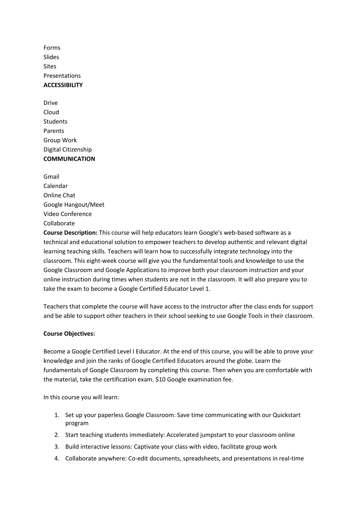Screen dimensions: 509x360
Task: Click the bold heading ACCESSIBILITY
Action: click(x=63, y=85)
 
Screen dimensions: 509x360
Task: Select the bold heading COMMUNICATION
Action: click(x=69, y=159)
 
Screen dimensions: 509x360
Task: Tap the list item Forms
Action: click(x=52, y=48)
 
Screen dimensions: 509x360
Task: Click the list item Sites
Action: click(x=50, y=66)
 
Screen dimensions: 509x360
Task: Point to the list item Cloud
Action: click(x=51, y=112)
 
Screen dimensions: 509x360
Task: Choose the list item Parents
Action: click(x=53, y=131)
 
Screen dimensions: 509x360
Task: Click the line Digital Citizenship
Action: click(x=67, y=149)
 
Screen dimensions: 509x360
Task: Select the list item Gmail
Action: click(x=51, y=177)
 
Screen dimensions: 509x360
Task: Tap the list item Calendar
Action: click(x=55, y=186)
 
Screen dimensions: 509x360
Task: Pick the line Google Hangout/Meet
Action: click(x=74, y=205)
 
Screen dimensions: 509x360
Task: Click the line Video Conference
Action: click(x=67, y=214)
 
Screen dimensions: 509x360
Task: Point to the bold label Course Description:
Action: click(x=70, y=233)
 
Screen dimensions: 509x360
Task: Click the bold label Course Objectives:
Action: click(x=69, y=334)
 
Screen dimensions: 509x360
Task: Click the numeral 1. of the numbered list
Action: click(x=57, y=415)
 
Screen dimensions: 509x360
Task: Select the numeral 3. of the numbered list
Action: click(x=57, y=447)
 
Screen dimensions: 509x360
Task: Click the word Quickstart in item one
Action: click(x=286, y=415)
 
